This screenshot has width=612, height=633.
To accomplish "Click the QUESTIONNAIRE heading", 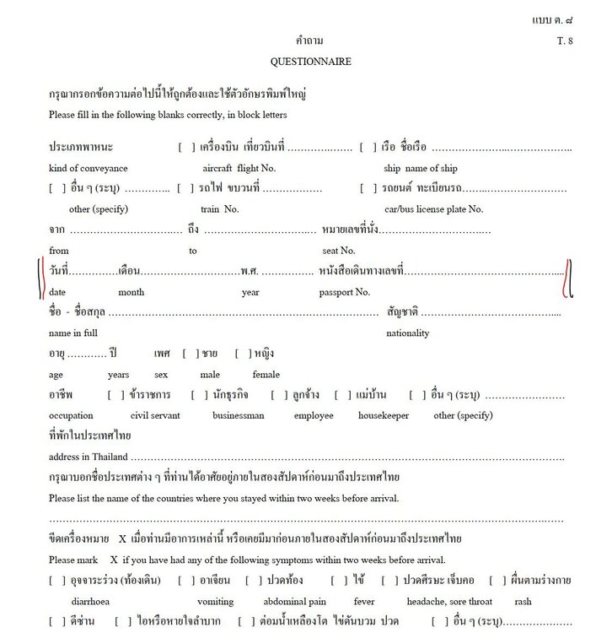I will click(x=310, y=62).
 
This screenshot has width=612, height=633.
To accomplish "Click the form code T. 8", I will click(x=564, y=41).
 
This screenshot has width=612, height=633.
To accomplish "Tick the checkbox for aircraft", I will click(x=185, y=148).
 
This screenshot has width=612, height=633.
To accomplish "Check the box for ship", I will click(x=367, y=148).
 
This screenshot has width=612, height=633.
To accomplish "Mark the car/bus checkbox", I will click(x=367, y=187).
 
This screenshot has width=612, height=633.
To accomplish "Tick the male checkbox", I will click(x=190, y=353).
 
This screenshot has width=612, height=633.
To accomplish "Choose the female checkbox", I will click(x=242, y=353).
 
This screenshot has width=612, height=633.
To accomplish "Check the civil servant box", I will click(x=115, y=394).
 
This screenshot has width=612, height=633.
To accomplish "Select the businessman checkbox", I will click(x=198, y=394).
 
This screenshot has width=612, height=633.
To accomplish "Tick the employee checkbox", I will click(x=278, y=394).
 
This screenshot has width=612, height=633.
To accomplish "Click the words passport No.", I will click(x=344, y=292).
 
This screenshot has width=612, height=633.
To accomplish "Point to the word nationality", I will click(x=408, y=333).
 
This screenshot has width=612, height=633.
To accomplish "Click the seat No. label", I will click(x=339, y=251).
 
